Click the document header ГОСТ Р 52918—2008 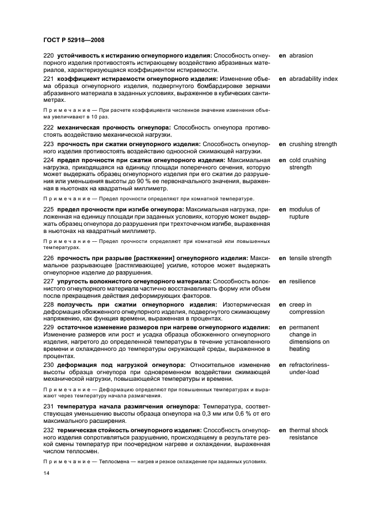[x=74, y=40]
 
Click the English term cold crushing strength [x=307, y=164]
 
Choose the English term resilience [x=302, y=282]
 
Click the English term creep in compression [x=307, y=308]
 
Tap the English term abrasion [x=301, y=56]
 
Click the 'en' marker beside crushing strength [x=282, y=144]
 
